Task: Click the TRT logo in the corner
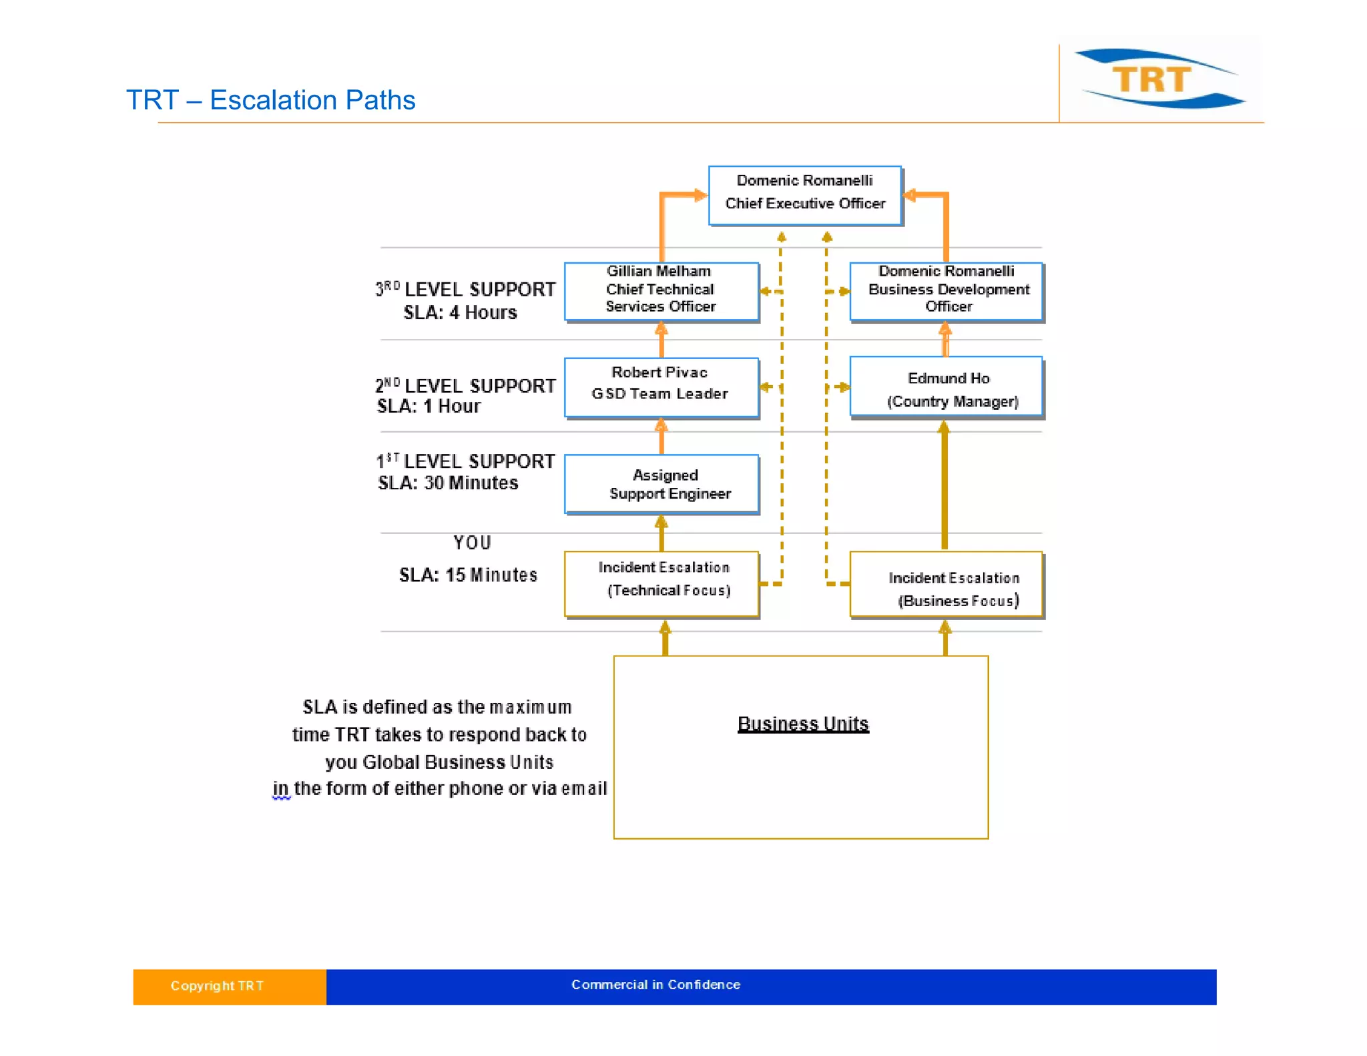coord(1159,79)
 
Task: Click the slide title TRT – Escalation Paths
coord(270,100)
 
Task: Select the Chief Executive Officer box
coord(804,195)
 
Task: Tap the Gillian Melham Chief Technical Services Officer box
coord(661,291)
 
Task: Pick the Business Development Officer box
coord(946,291)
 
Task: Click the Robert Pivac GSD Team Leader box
coord(661,387)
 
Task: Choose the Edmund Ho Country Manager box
coord(946,387)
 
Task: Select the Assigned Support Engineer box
coord(661,484)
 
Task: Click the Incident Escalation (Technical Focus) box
coord(661,583)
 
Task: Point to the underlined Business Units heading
coord(803,724)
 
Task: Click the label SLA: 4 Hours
coord(460,312)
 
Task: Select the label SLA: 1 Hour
coord(429,406)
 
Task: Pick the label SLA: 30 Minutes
coord(448,483)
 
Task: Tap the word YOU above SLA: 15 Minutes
coord(472,543)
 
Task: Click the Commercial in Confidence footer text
coord(655,985)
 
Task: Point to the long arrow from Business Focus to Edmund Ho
coord(944,487)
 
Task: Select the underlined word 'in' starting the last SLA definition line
coord(280,788)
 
